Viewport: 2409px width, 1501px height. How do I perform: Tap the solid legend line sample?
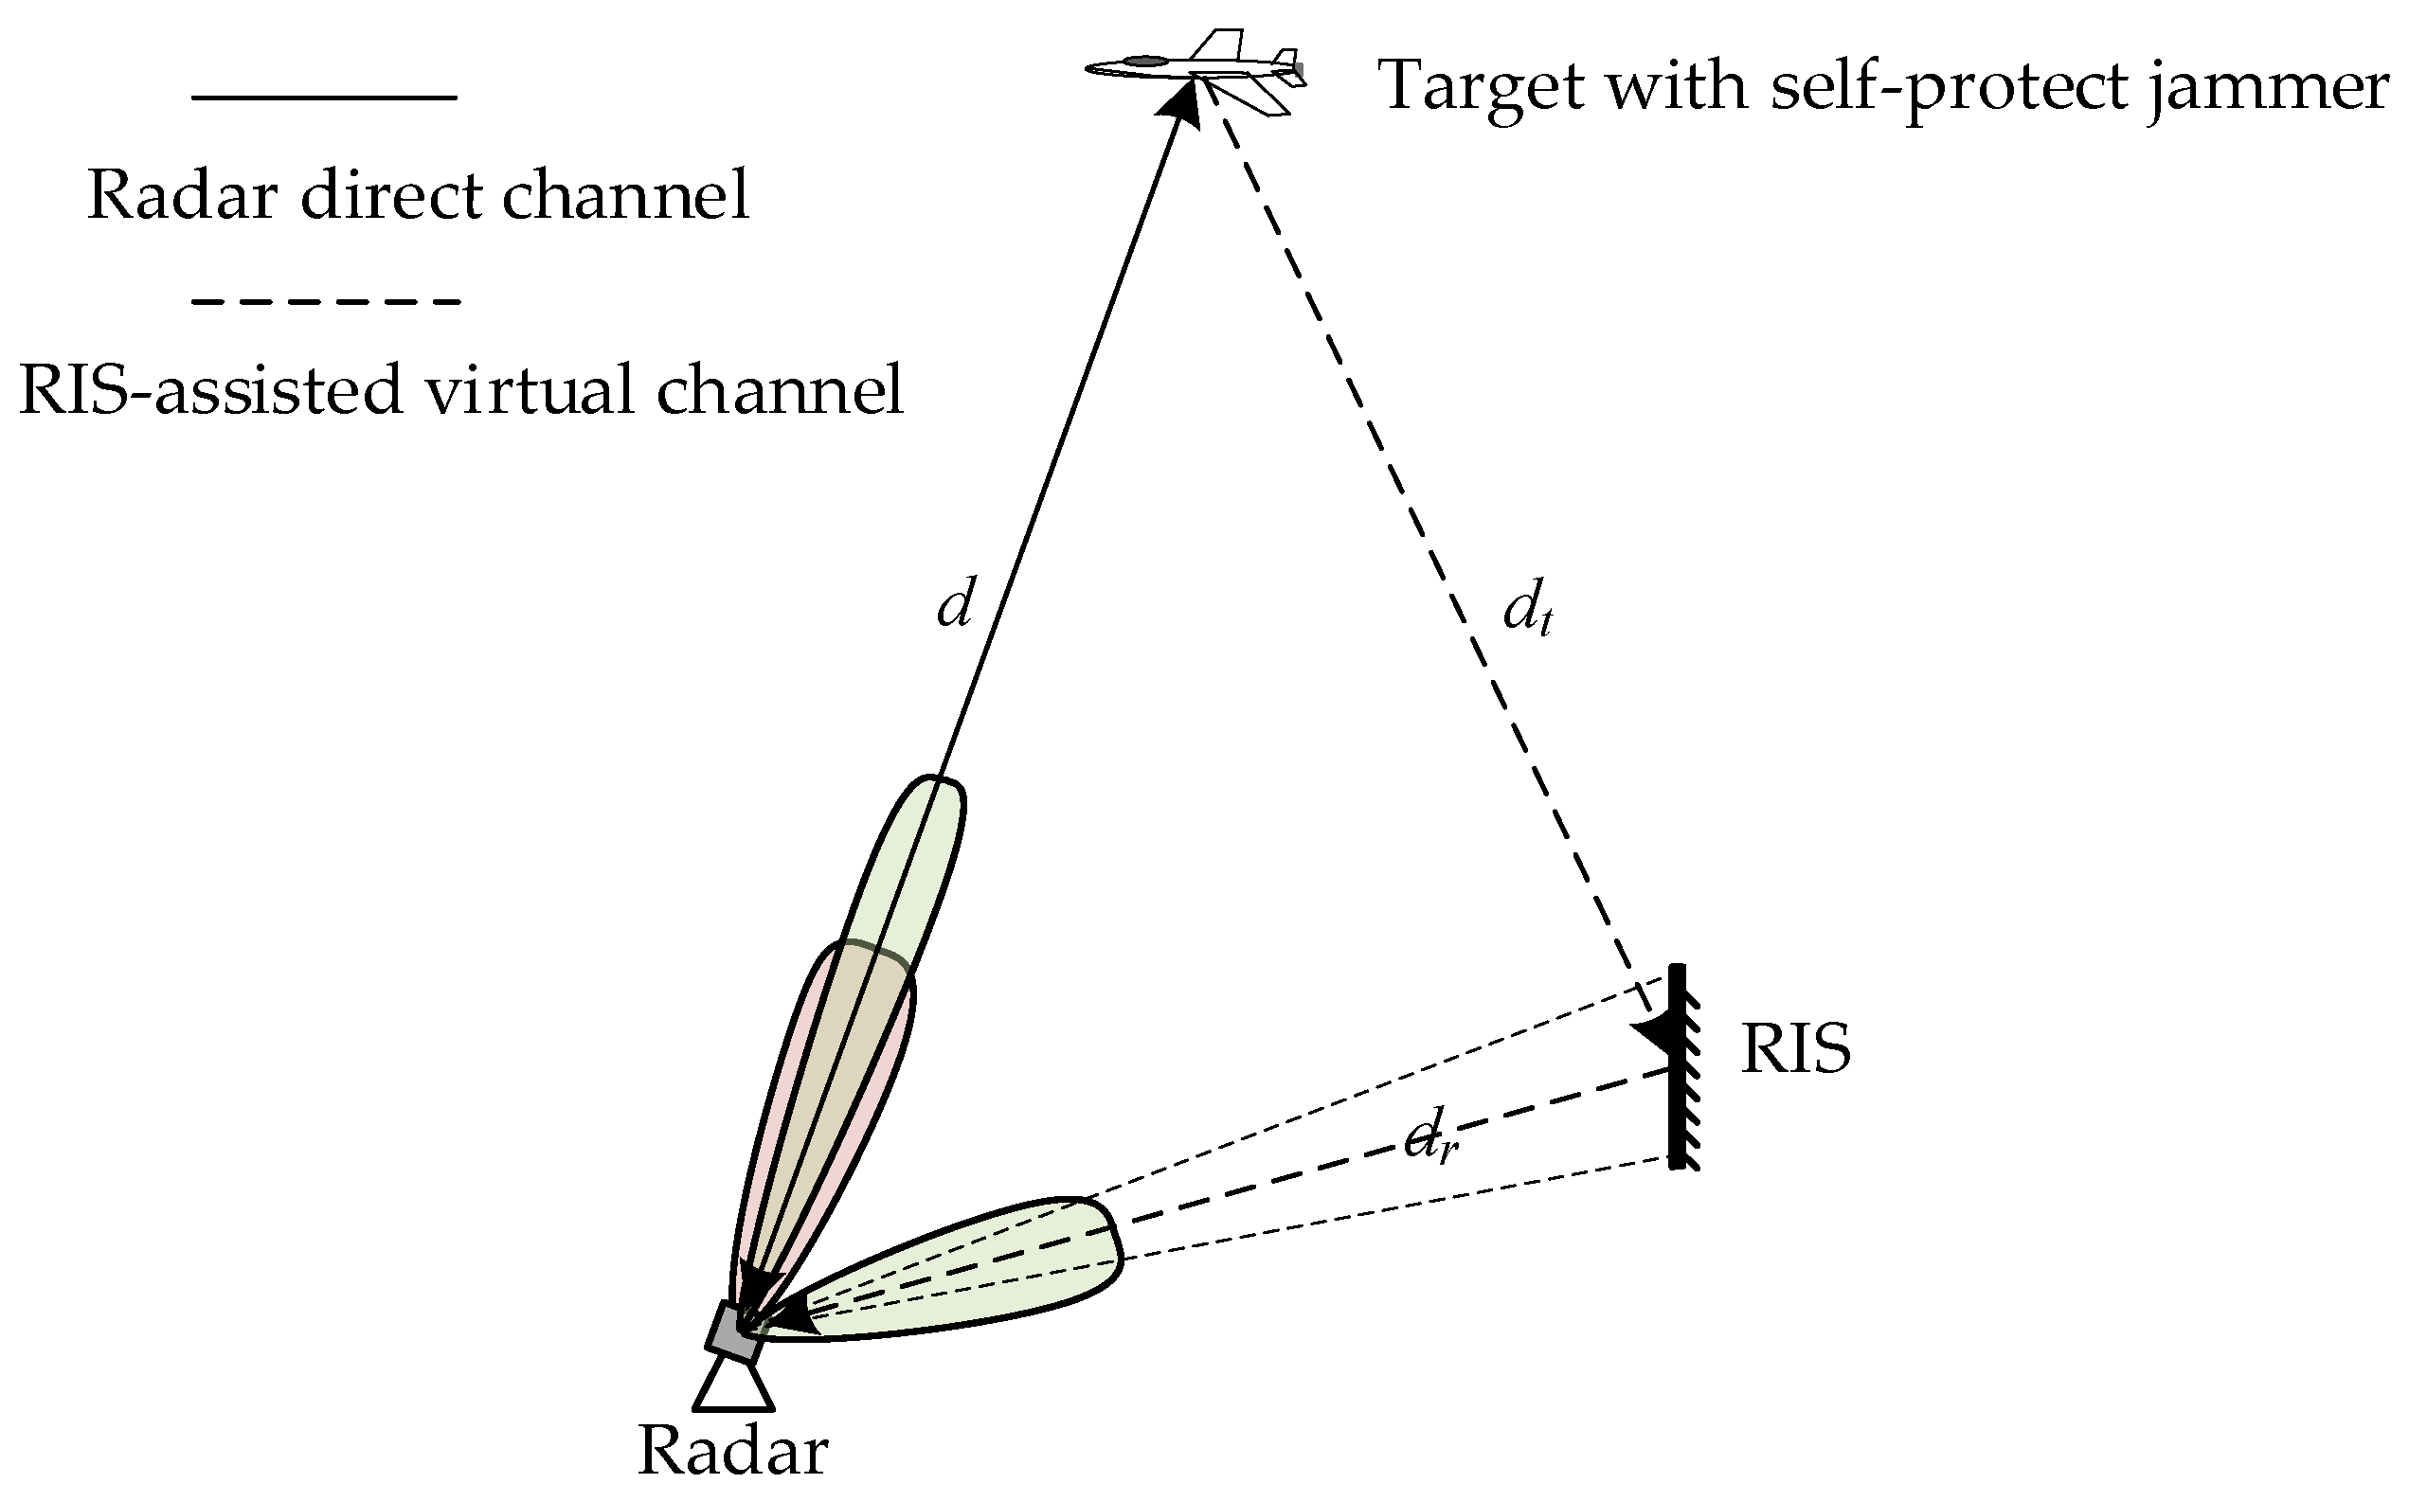tap(324, 98)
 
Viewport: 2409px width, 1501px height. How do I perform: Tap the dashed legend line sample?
tap(326, 301)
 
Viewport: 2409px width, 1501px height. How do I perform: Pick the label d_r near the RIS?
tap(1429, 1143)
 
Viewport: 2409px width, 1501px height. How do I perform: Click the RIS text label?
tap(1795, 1051)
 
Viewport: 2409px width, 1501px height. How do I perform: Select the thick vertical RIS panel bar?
tap(1677, 1067)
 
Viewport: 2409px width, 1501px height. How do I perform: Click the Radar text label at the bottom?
tap(732, 1452)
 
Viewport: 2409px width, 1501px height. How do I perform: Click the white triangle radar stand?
tap(734, 1387)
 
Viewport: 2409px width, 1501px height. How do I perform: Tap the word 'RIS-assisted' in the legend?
tap(209, 389)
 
